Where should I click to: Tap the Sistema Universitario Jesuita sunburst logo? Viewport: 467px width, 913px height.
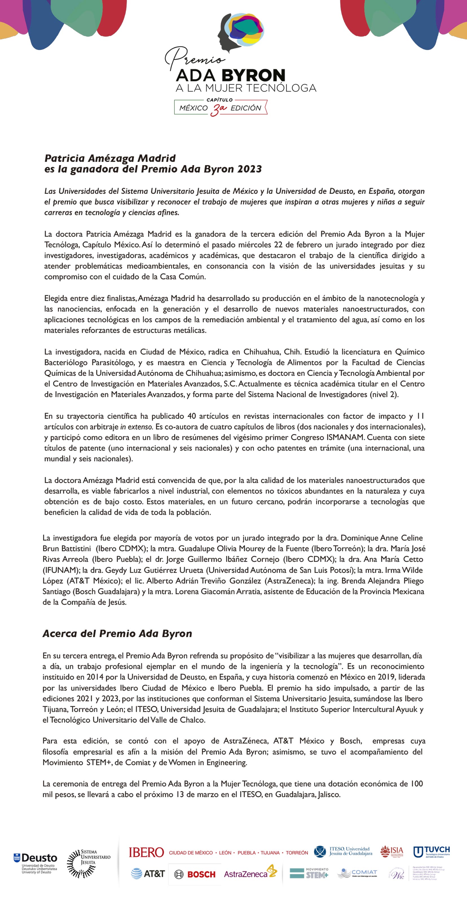pyautogui.click(x=81, y=863)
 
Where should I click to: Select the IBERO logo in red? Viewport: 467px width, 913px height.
pyautogui.click(x=146, y=852)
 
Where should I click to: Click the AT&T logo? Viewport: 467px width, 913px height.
pyautogui.click(x=148, y=874)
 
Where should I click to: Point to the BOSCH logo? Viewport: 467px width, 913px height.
pyautogui.click(x=195, y=874)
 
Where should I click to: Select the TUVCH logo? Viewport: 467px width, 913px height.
pyautogui.click(x=431, y=851)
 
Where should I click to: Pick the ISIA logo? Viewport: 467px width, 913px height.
pyautogui.click(x=392, y=851)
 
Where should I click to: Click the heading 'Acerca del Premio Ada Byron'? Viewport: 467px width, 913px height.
pyautogui.click(x=117, y=633)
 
